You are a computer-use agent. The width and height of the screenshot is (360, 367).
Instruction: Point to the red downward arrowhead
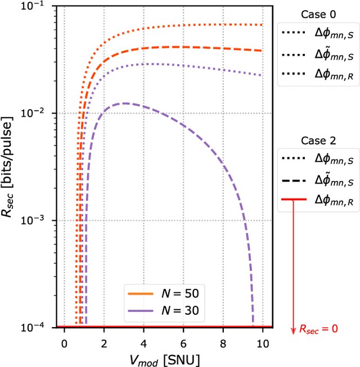point(293,331)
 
